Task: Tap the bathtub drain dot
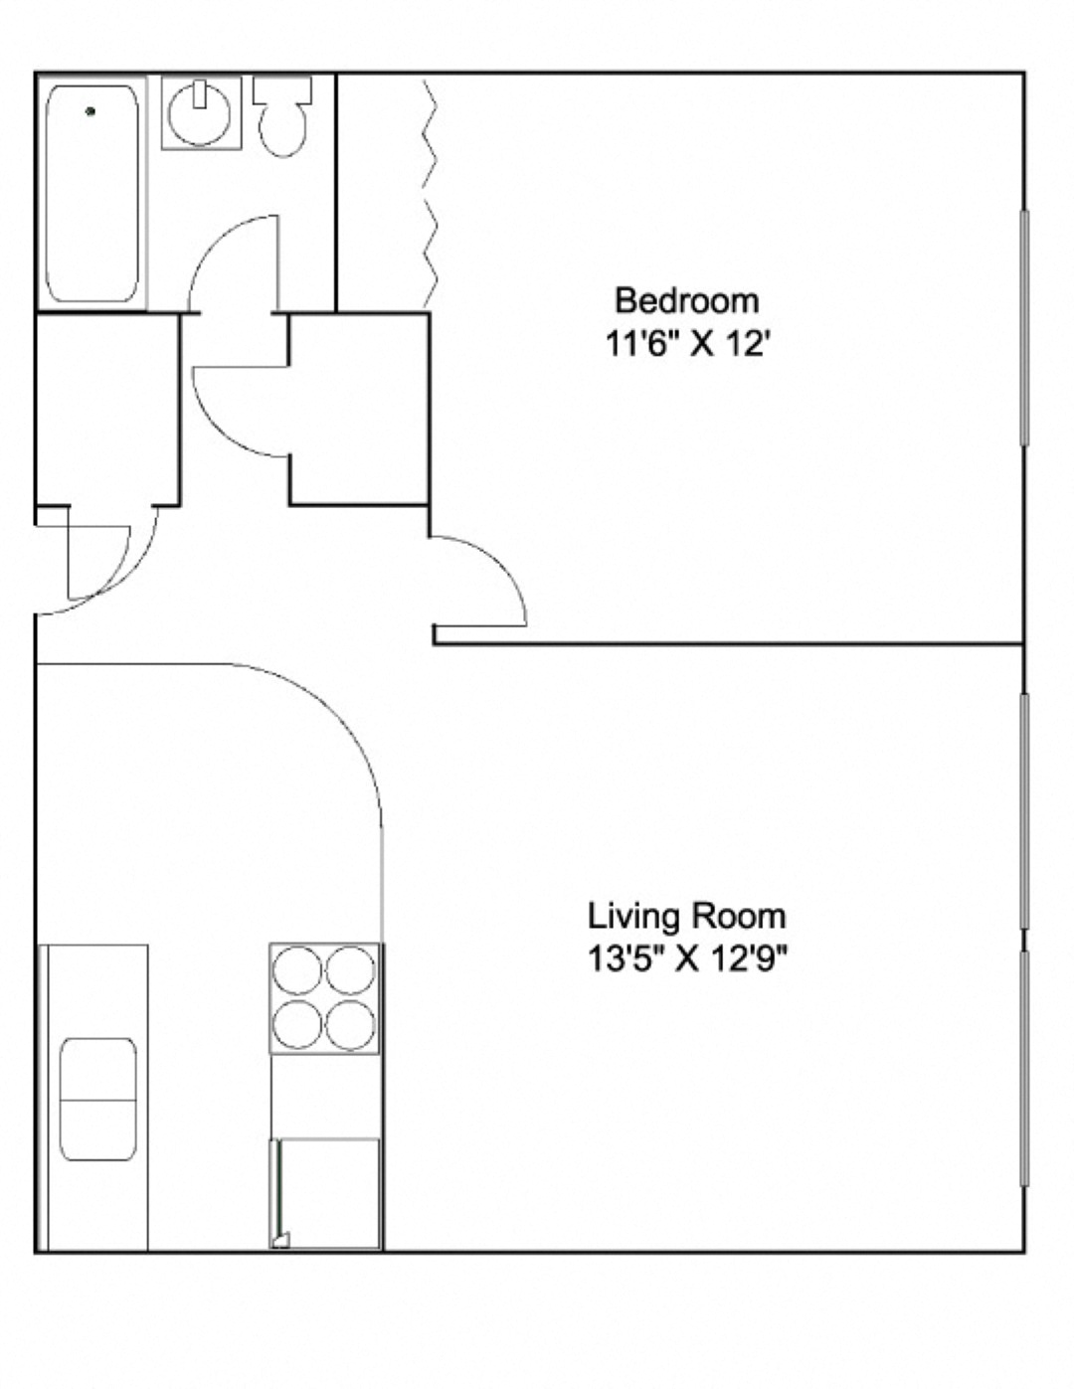click(90, 111)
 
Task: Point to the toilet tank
click(282, 89)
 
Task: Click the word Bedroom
click(686, 300)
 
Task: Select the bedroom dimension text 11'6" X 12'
click(687, 344)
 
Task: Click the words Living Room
click(686, 915)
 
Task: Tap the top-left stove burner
click(297, 970)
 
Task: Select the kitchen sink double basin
click(98, 1099)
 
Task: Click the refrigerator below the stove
click(326, 1193)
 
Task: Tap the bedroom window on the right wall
click(1023, 328)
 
